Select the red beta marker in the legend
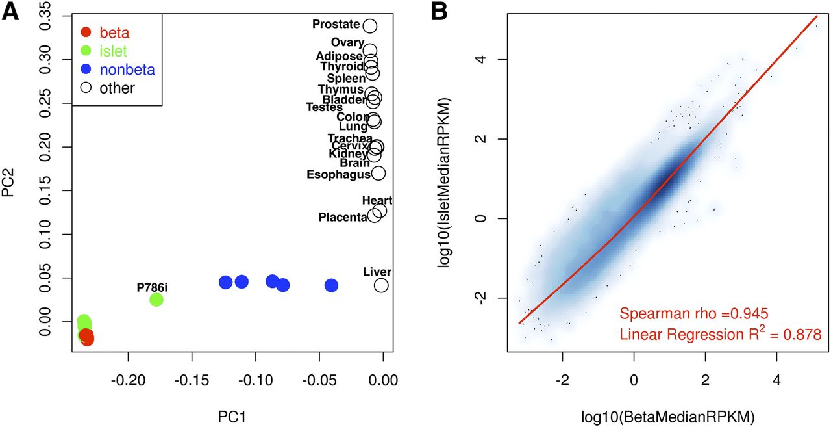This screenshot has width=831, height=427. [x=86, y=32]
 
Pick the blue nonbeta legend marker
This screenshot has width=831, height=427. [x=86, y=70]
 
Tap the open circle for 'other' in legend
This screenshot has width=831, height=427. [x=86, y=88]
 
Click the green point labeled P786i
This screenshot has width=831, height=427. [x=156, y=300]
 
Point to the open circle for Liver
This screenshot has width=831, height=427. [x=381, y=285]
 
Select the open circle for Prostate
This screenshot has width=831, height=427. [x=370, y=26]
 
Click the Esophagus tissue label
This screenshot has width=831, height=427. [x=338, y=174]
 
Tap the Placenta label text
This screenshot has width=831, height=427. [x=343, y=217]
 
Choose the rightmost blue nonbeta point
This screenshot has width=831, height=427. [x=331, y=285]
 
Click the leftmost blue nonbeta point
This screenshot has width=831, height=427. [x=225, y=282]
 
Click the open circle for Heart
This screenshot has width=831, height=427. [x=380, y=211]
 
